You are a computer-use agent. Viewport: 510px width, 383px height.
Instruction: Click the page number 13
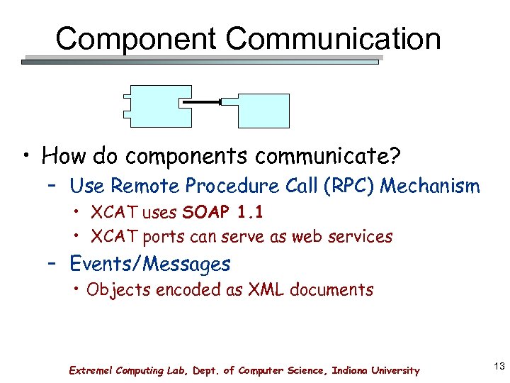497,365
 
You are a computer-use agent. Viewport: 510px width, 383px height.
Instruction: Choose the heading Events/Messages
149,264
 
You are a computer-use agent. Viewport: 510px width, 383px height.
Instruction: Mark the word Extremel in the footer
90,370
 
